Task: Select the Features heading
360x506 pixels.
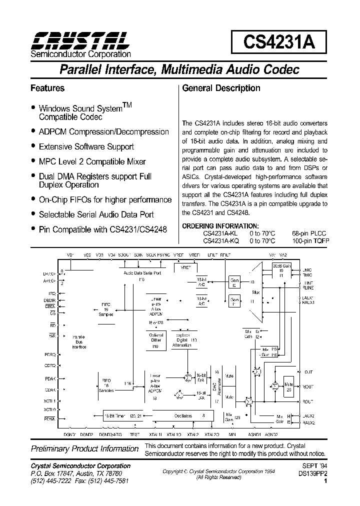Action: click(x=47, y=88)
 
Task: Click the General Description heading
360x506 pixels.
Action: click(x=221, y=88)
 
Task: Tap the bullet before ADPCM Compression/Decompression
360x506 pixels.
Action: click(x=33, y=131)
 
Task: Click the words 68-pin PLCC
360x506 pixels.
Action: click(x=309, y=233)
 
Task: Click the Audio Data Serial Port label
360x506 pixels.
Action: click(x=142, y=273)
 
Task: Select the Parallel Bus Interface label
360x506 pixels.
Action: click(x=79, y=342)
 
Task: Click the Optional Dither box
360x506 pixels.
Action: click(x=156, y=339)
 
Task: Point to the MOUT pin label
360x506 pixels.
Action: click(x=308, y=386)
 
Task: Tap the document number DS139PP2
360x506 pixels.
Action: click(x=312, y=472)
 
